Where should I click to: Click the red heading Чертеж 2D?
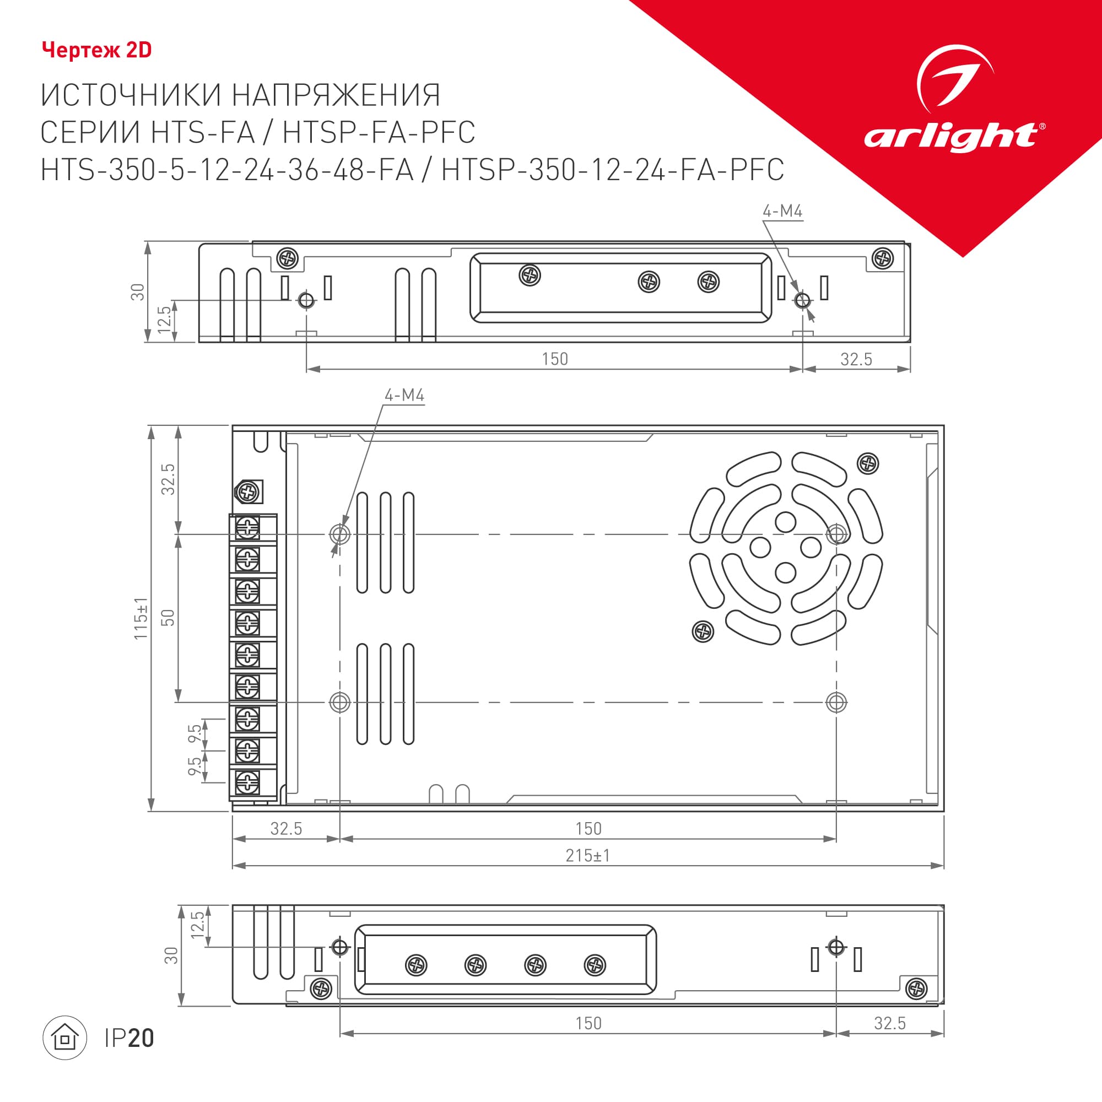(96, 50)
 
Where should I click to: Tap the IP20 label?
(129, 1038)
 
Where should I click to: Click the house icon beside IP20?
(65, 1038)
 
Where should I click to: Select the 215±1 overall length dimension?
(587, 856)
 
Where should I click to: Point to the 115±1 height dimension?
(141, 618)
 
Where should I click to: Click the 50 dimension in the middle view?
(168, 618)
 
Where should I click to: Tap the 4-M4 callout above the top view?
(782, 211)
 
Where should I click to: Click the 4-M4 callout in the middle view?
(404, 395)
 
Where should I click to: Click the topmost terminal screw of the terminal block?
(247, 528)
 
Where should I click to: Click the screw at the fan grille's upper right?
(868, 463)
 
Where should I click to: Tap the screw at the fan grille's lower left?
(703, 631)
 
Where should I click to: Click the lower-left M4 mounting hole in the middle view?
(340, 702)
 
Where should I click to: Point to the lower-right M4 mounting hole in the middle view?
(836, 702)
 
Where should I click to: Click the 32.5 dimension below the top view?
(856, 359)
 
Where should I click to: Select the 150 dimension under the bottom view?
(588, 1023)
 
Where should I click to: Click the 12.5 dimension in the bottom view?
(197, 925)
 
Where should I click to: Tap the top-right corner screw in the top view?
(883, 258)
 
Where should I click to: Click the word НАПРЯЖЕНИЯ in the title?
(336, 95)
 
